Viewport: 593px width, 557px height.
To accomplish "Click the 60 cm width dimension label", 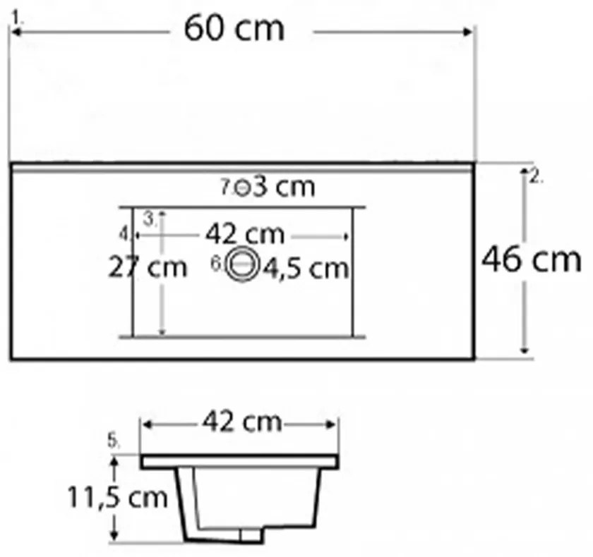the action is pos(234,29).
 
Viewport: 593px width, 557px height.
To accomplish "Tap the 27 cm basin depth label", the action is pos(148,268).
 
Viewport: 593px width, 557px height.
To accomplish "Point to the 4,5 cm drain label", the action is pos(306,269).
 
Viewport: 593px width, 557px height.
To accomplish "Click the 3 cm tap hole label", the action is pos(284,187).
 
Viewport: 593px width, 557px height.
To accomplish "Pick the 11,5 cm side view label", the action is pos(117,497).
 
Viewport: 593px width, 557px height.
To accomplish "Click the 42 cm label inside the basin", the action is pos(245,235).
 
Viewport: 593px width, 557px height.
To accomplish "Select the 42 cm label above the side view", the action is pos(242,422).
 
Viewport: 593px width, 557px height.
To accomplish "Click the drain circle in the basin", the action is pos(242,264).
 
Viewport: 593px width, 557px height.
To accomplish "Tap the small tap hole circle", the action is pos(242,188).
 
